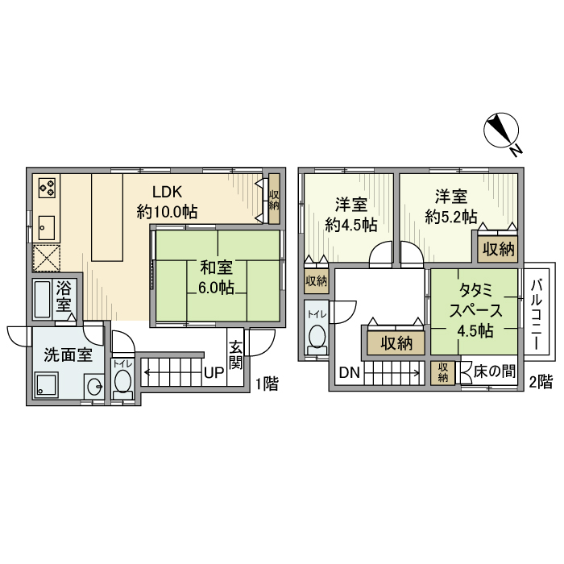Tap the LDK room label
(168, 193)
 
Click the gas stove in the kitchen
(47, 189)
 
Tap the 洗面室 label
(67, 355)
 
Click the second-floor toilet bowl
(317, 335)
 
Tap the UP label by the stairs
(213, 373)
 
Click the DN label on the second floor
(348, 373)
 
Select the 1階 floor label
(266, 384)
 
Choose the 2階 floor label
(540, 380)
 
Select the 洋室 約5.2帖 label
(451, 206)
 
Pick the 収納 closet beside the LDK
(274, 200)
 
